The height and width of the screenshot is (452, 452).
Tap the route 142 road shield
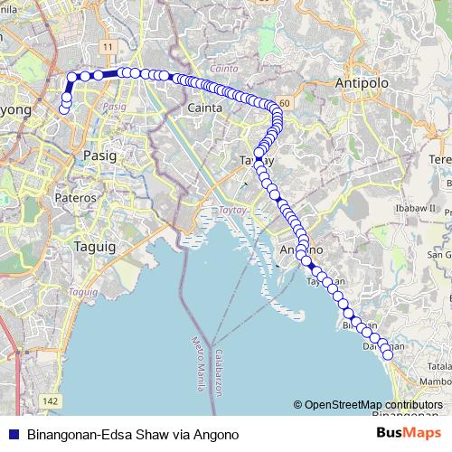click(51, 400)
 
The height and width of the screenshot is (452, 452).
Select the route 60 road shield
click(284, 105)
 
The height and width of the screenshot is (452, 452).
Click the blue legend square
click(13, 435)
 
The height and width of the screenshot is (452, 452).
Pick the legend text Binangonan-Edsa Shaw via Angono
click(133, 435)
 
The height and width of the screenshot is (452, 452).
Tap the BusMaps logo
click(403, 434)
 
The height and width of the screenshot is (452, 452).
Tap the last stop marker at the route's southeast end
click(389, 354)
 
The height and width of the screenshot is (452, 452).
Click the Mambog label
click(436, 382)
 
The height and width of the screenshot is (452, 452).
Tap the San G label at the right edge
click(439, 255)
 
